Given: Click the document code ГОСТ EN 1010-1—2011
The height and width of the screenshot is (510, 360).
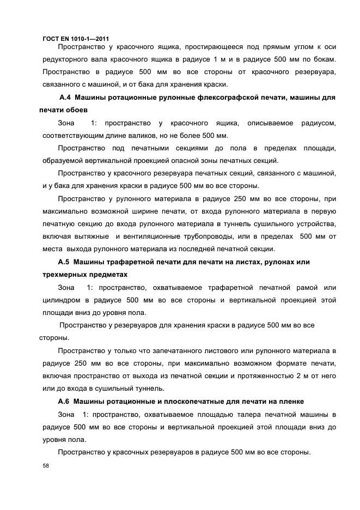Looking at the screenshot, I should (x=75, y=39).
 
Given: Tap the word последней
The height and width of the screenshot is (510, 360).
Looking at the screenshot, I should (x=202, y=249).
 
